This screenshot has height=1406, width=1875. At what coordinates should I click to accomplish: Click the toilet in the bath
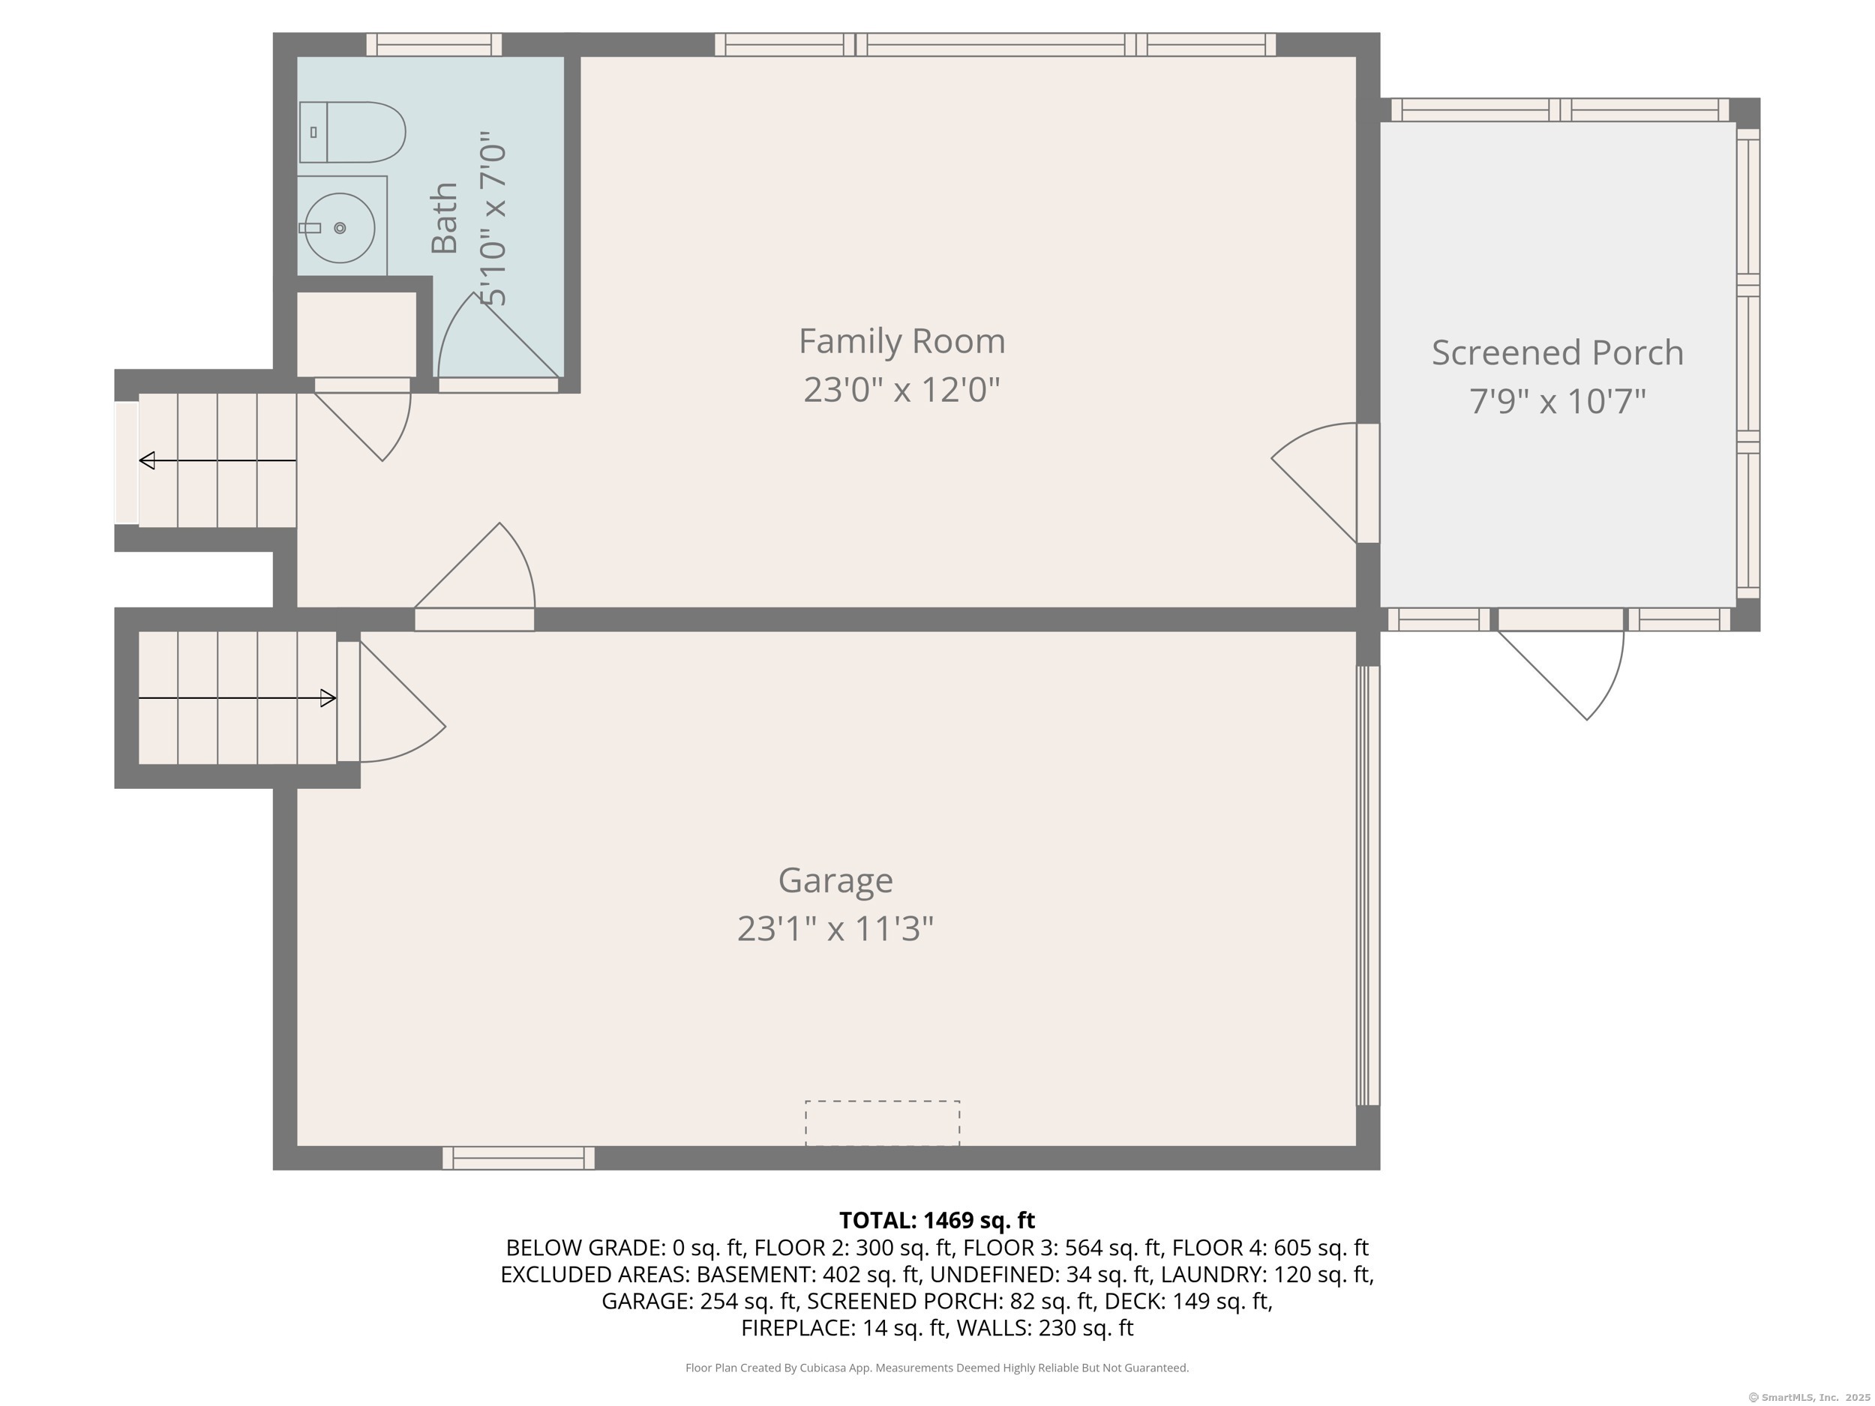coord(352,132)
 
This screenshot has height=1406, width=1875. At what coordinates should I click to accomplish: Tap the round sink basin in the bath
coord(340,227)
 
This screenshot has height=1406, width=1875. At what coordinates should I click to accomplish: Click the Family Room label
coord(902,340)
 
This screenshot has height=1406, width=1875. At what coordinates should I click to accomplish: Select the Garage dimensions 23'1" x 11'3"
coord(835,928)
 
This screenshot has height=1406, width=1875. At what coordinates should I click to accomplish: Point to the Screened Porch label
coord(1557,352)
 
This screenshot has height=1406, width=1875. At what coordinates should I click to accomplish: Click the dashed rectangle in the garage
coord(883,1123)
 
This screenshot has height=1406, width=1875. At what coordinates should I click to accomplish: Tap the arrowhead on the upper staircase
coord(147,460)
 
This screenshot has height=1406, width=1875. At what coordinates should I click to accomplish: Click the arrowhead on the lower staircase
coord(328,698)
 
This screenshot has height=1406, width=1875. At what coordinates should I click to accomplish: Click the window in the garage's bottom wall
coord(519,1158)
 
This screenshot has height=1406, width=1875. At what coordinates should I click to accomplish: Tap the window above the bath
coord(434,44)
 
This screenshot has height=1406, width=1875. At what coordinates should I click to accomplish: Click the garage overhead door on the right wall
coord(1368,886)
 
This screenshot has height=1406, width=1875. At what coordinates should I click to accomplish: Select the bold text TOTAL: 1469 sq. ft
coord(937,1220)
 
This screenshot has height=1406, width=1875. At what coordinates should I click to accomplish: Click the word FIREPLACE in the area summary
coord(798,1328)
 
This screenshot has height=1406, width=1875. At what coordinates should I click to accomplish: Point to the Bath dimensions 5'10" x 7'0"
coord(492,219)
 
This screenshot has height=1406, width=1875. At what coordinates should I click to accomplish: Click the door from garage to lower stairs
coord(391,702)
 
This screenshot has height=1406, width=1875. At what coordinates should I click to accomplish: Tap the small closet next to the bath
coord(356,334)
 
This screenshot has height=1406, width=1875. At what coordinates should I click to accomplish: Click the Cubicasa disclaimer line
coord(937,1368)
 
